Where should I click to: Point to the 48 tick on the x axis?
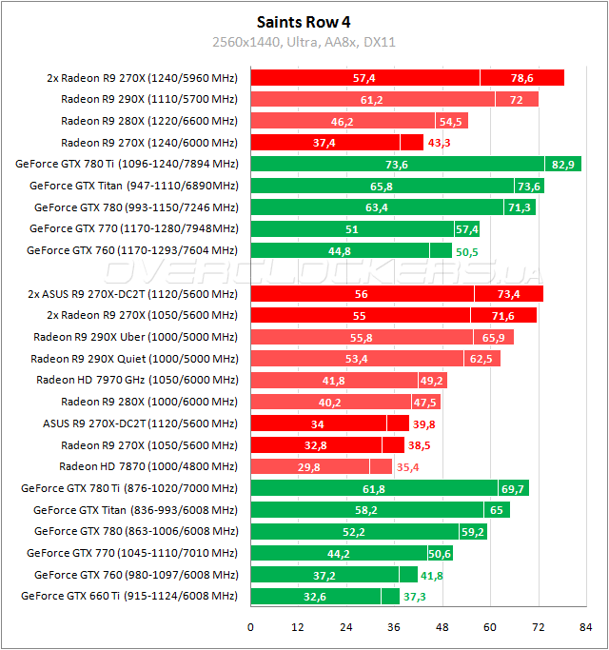[442, 627]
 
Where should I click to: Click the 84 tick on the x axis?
[586, 627]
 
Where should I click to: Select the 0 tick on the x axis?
[250, 627]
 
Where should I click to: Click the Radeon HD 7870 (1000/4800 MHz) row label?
[148, 466]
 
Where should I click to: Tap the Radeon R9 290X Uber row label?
[136, 337]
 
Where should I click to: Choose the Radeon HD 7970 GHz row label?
[137, 380]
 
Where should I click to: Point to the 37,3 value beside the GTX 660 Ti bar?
[416, 596]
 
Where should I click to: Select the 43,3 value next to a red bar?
[440, 143]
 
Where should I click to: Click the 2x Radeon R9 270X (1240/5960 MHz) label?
[142, 78]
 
